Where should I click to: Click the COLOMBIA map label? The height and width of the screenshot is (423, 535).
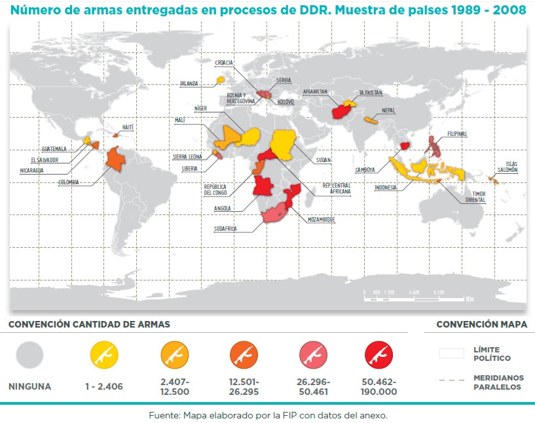click(x=68, y=182)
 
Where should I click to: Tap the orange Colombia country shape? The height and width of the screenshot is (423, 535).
click(x=116, y=158)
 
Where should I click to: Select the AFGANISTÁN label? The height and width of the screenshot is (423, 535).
click(x=315, y=92)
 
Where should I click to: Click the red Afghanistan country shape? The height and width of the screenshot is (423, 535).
click(x=341, y=109)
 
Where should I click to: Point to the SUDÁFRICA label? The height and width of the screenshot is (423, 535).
click(x=225, y=229)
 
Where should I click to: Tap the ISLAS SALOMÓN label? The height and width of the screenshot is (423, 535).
click(x=507, y=167)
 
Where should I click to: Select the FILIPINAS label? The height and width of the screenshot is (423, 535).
click(x=457, y=134)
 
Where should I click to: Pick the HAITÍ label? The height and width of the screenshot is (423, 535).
click(x=129, y=127)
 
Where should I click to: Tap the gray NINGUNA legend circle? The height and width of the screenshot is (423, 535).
click(x=29, y=355)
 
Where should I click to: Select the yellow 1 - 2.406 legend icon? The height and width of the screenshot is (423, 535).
click(x=103, y=355)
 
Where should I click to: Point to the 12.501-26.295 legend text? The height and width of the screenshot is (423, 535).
click(x=244, y=386)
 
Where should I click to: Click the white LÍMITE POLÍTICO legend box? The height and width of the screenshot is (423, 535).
click(x=451, y=354)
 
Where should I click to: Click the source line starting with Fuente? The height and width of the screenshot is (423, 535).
click(x=267, y=415)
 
